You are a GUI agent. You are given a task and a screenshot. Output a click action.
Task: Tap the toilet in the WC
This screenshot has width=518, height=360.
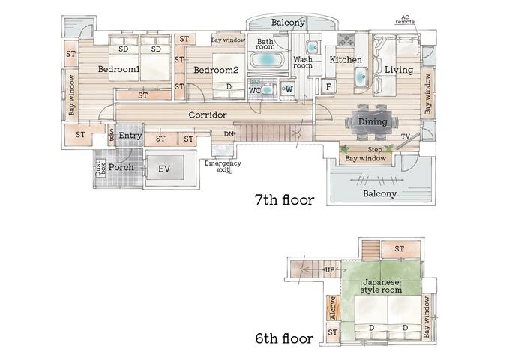(x=268, y=89)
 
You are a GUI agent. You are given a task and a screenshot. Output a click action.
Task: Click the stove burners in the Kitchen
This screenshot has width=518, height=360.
(x=346, y=40)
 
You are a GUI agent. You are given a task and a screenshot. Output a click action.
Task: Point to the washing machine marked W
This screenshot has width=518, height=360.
(x=288, y=89)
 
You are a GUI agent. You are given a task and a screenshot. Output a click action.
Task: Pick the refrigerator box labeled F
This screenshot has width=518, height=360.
(x=328, y=86)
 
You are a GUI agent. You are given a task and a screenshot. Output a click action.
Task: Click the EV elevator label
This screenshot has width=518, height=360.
(x=164, y=169)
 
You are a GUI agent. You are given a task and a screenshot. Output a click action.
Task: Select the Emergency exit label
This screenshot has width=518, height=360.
(x=223, y=166)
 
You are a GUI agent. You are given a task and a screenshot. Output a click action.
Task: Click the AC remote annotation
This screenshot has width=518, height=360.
(x=405, y=19)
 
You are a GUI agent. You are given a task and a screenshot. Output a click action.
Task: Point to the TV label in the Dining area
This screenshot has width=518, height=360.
(x=406, y=136)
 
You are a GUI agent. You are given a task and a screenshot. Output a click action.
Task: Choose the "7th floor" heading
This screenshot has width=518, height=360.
(x=284, y=200)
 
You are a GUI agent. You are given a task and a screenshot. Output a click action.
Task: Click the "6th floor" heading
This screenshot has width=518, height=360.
(x=284, y=338)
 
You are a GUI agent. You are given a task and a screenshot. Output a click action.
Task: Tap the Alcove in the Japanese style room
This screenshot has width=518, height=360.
(x=333, y=307)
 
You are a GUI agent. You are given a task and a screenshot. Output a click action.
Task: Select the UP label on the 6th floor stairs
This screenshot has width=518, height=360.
(x=330, y=270)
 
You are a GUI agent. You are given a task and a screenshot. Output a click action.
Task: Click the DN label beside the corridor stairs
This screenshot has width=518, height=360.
(x=229, y=134)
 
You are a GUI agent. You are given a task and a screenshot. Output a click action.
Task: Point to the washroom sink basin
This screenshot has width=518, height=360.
(x=312, y=47)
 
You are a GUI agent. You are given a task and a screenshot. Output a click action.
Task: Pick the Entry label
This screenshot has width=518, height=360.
(x=130, y=136)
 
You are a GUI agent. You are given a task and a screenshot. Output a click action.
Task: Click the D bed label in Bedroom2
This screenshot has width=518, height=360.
(x=229, y=86)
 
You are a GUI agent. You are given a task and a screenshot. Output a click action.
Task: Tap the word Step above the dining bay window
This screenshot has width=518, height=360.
(x=375, y=150)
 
